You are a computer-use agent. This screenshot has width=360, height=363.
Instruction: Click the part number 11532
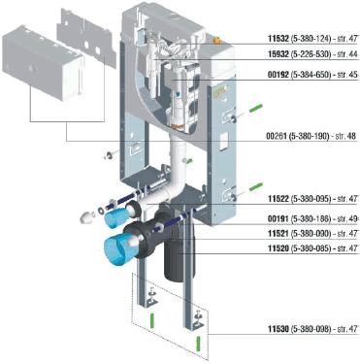pyautogui.click(x=278, y=39)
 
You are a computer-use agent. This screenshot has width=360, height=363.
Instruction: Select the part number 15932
pyautogui.click(x=278, y=54)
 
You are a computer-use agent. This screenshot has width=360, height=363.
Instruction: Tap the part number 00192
pyautogui.click(x=278, y=75)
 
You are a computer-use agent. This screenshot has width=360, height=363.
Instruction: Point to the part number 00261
pyautogui.click(x=277, y=137)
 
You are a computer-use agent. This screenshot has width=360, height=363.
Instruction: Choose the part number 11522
pyautogui.click(x=278, y=199)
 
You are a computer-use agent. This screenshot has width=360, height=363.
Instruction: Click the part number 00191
pyautogui.click(x=278, y=219)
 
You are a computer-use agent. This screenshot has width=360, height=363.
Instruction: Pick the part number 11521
pyautogui.click(x=278, y=234)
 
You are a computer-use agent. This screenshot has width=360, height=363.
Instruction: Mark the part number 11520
pyautogui.click(x=278, y=248)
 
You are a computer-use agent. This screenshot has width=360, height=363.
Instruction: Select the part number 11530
pyautogui.click(x=278, y=329)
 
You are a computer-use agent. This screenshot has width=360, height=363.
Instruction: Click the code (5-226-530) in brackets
pyautogui.click(x=311, y=54)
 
